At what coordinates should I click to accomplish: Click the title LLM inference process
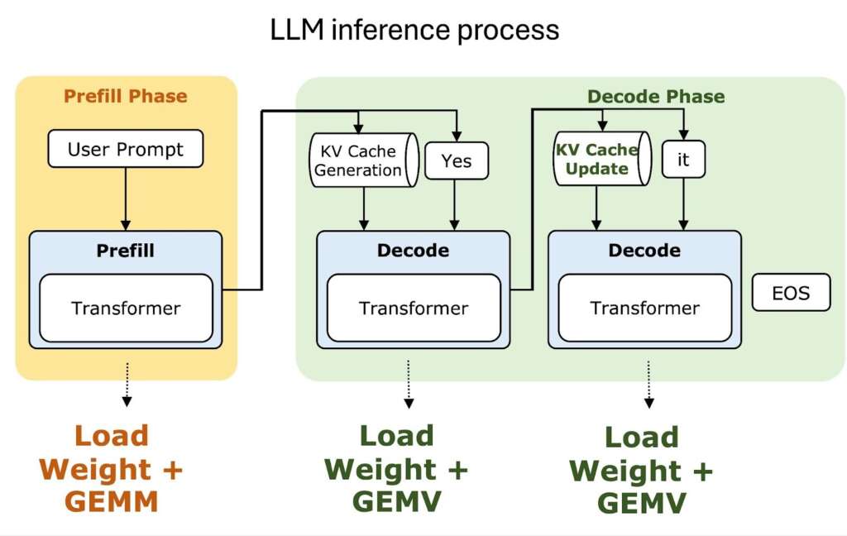(x=414, y=30)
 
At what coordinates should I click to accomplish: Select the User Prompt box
(x=125, y=149)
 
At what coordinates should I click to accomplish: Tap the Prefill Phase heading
(x=125, y=96)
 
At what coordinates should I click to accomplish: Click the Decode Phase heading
(x=655, y=97)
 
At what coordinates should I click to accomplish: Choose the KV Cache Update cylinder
(x=597, y=158)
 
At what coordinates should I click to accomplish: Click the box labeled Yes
(x=456, y=161)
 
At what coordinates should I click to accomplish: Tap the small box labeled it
(x=683, y=160)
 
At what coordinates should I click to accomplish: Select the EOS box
(x=790, y=293)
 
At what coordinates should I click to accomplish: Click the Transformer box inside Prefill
(x=126, y=309)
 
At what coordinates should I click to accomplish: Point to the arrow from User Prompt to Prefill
(x=126, y=199)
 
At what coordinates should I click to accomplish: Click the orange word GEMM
(x=111, y=502)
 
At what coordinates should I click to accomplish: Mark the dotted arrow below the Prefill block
(x=127, y=385)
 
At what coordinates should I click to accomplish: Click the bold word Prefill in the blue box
(x=126, y=250)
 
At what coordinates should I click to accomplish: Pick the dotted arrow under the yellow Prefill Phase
(x=127, y=385)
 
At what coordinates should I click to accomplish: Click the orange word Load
(x=111, y=436)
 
